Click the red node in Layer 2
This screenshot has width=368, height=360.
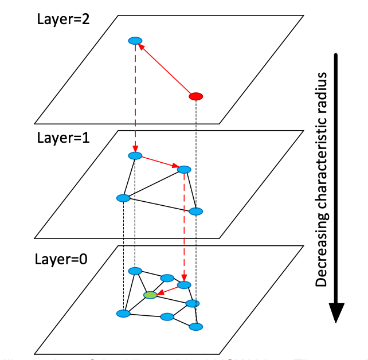point(195,96)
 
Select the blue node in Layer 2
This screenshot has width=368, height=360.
point(135,41)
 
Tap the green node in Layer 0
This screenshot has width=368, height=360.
point(150,295)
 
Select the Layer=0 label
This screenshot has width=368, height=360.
point(62,259)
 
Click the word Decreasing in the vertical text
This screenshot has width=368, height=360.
point(322,253)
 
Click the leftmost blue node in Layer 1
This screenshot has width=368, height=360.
point(123,198)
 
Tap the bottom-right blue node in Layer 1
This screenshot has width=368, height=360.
point(196,212)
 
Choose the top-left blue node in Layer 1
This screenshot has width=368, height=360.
point(135,155)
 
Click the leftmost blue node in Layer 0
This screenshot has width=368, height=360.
point(123,314)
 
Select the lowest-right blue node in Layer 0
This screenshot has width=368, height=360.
point(196,327)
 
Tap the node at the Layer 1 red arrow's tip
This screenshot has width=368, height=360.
point(184,170)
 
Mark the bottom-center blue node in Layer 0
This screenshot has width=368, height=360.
point(167,317)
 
